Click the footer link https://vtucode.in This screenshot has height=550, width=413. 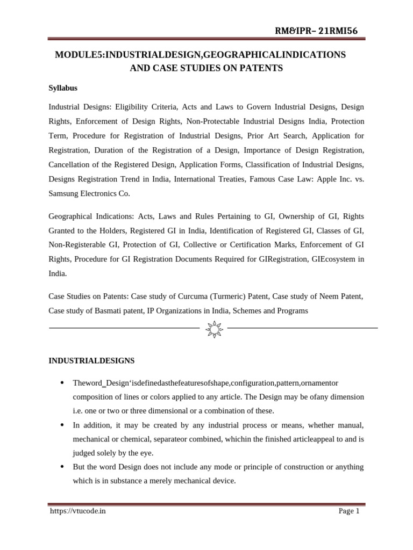[77, 511]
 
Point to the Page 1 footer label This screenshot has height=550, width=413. [349, 511]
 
